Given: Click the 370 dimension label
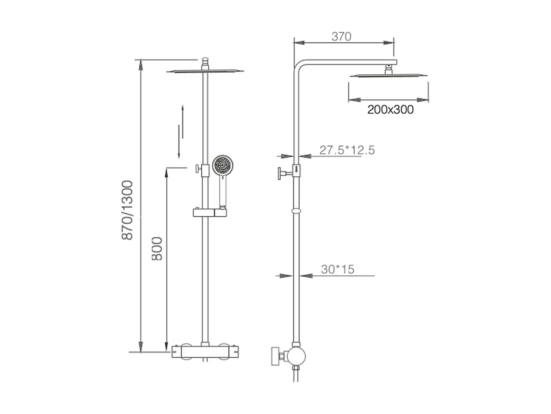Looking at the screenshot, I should (x=341, y=36).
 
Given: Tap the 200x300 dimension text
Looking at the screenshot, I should (x=390, y=109).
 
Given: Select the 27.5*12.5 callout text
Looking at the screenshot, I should (x=347, y=150).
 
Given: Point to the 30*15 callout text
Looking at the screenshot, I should (x=337, y=269).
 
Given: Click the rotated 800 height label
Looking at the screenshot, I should (x=157, y=249).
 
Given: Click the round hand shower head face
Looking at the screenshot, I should (x=222, y=165).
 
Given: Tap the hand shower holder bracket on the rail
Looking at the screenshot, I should (x=209, y=212).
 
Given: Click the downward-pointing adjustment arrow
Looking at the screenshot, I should (x=179, y=144).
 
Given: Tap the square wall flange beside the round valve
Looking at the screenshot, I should (x=275, y=355).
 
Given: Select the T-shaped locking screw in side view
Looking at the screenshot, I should (x=284, y=173).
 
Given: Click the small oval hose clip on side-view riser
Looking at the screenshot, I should (x=296, y=211).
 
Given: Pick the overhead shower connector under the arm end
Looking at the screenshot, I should (x=388, y=69).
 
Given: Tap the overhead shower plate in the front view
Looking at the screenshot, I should (x=205, y=71).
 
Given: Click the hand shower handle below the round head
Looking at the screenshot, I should (x=222, y=191).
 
